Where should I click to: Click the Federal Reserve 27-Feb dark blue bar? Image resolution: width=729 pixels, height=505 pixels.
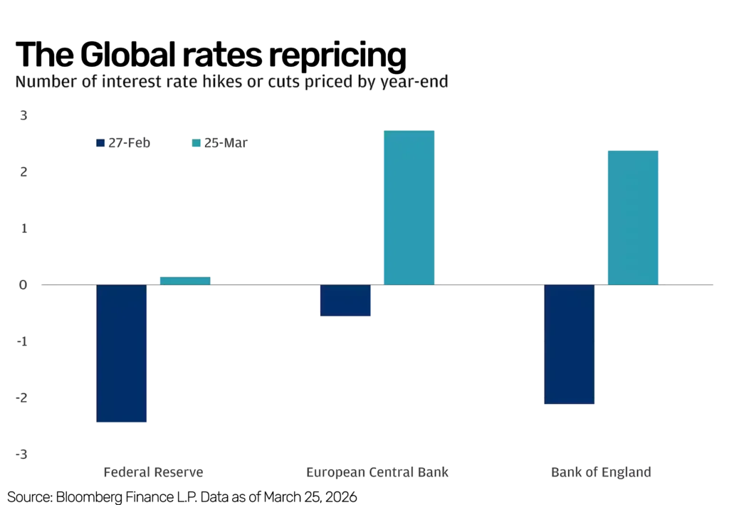tap(122, 353)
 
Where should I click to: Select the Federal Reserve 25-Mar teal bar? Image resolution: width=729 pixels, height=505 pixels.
tap(184, 280)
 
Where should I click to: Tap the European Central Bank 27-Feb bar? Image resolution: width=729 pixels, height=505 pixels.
tap(345, 300)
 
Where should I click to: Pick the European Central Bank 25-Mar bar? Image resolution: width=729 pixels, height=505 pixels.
tap(409, 207)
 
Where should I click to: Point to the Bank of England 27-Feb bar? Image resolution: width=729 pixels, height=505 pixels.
tap(569, 345)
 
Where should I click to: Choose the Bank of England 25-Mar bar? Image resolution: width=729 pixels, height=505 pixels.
tap(631, 217)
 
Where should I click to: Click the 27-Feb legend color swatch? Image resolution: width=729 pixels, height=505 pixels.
tap(100, 143)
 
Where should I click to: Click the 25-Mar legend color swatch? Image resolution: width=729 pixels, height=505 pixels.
tap(196, 143)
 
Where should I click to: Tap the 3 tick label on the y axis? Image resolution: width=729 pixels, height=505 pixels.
tap(23, 116)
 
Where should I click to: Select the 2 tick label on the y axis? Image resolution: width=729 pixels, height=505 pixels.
tap(23, 172)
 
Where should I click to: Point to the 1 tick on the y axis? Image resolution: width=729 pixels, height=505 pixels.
tap(23, 228)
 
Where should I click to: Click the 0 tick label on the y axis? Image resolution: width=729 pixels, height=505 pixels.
tap(23, 285)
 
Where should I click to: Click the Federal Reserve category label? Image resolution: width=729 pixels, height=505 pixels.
tap(154, 472)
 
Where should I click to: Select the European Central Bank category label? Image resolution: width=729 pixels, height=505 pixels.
tap(377, 472)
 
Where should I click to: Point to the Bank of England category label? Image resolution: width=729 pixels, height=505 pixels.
tap(600, 472)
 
